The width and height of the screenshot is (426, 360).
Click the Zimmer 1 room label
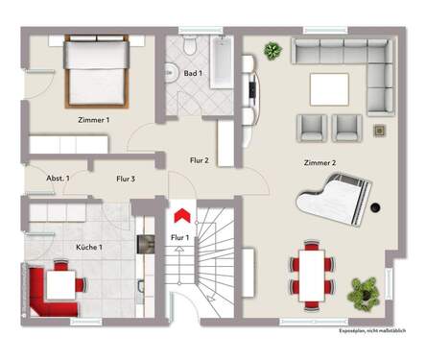[x=93, y=120]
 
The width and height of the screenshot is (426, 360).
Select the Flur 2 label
[x=199, y=160]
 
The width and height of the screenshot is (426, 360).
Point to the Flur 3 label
[x=126, y=179]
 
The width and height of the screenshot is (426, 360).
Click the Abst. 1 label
[x=58, y=179]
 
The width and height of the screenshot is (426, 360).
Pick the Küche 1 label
[x=89, y=247]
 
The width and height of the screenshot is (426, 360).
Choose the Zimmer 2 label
[x=319, y=162]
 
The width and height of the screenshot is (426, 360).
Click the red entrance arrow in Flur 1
[x=179, y=215]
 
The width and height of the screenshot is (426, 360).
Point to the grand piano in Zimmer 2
[x=337, y=199]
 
